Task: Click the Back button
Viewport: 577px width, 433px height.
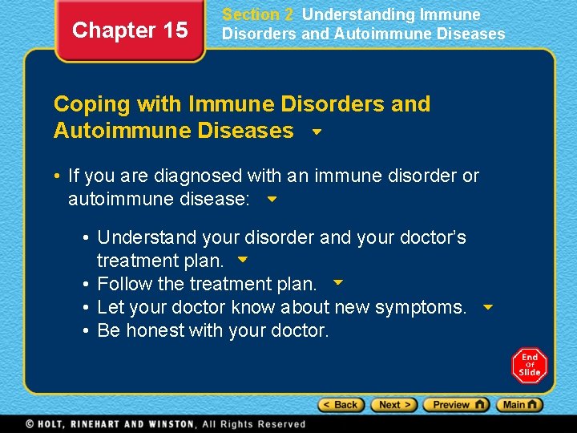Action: (x=341, y=405)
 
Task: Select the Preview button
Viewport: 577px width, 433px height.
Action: (x=456, y=405)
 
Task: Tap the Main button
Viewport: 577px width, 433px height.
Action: (x=519, y=405)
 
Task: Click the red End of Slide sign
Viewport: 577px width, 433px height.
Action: (x=529, y=366)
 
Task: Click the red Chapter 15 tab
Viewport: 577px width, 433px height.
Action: (x=130, y=30)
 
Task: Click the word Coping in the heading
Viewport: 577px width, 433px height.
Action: (x=91, y=104)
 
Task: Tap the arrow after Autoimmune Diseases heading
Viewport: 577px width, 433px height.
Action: (x=317, y=132)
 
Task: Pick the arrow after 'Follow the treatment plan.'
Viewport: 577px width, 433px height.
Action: (x=338, y=282)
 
